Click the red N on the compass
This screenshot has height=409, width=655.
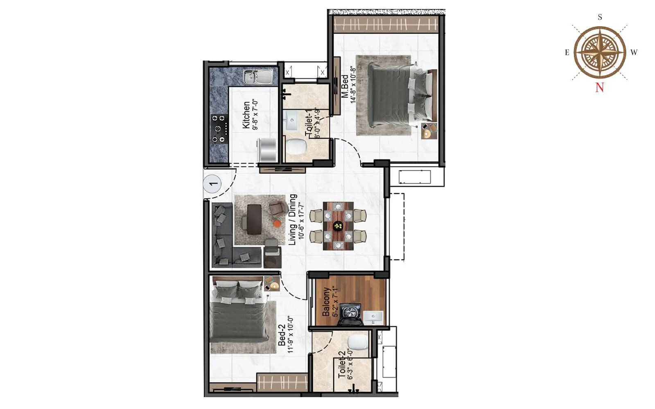pyautogui.click(x=599, y=87)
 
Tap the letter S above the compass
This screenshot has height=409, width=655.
pyautogui.click(x=600, y=17)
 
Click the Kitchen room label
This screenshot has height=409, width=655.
pyautogui.click(x=246, y=115)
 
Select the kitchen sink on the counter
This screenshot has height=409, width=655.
pyautogui.click(x=257, y=77)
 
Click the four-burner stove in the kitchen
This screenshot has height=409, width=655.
pyautogui.click(x=219, y=128)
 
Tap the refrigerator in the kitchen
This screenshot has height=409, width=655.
pyautogui.click(x=267, y=150)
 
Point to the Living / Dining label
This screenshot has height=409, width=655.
pyautogui.click(x=293, y=220)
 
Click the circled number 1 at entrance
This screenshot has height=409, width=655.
pyautogui.click(x=212, y=184)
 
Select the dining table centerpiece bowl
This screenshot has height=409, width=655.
pyautogui.click(x=338, y=225)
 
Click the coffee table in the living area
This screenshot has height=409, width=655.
pyautogui.click(x=254, y=219)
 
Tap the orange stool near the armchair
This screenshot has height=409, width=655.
pyautogui.click(x=277, y=224)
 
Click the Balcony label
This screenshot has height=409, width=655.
pyautogui.click(x=326, y=302)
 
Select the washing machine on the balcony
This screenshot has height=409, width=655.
pyautogui.click(x=350, y=314)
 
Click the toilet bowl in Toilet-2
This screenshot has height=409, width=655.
pyautogui.click(x=357, y=343)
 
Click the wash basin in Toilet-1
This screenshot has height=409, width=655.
pyautogui.click(x=292, y=120)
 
